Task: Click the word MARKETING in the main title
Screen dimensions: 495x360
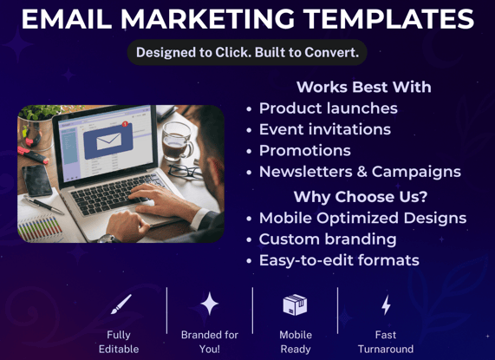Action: [x=207, y=19]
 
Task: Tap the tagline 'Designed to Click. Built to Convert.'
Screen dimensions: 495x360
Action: [x=248, y=52]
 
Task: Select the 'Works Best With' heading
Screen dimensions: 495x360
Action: [x=364, y=87]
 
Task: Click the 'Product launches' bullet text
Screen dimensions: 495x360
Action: [x=329, y=108]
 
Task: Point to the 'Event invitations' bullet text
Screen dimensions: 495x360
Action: [x=325, y=129]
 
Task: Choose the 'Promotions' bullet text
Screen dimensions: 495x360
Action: [x=305, y=150]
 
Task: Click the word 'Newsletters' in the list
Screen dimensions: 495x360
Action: [x=306, y=172]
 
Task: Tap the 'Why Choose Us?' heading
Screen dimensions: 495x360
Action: [x=361, y=196]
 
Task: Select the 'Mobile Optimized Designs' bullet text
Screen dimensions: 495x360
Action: [x=362, y=218]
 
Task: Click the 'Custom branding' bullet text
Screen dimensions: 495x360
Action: [x=328, y=239]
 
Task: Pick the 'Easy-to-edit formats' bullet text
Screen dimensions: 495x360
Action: [x=339, y=260]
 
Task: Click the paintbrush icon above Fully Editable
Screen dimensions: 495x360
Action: [x=121, y=304]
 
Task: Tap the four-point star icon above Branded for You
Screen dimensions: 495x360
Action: [x=210, y=304]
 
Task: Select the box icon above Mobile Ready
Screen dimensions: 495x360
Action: [x=295, y=304]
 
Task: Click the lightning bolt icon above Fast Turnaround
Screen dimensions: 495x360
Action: [x=386, y=304]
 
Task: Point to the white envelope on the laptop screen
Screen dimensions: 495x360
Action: [x=108, y=141]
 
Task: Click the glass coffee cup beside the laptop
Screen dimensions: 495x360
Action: [x=177, y=141]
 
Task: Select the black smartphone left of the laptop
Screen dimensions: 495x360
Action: [x=37, y=180]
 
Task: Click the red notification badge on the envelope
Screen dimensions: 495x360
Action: [x=125, y=124]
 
